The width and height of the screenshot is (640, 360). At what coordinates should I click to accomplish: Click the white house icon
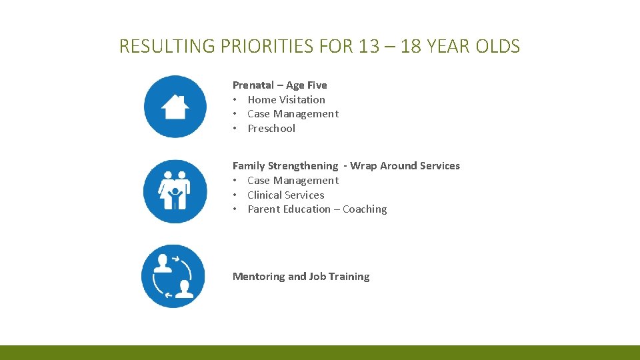tap(175, 107)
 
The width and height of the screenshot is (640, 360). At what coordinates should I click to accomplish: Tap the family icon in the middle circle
tap(175, 191)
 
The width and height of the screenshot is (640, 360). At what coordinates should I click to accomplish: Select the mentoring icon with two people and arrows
tap(173, 276)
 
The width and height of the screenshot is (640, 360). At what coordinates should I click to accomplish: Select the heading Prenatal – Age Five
tap(279, 85)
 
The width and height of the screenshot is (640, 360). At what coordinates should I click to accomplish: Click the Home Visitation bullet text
tap(286, 100)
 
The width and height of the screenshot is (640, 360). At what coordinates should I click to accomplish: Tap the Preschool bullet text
tap(271, 129)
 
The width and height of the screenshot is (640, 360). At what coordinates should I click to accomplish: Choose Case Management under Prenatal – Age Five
tap(293, 114)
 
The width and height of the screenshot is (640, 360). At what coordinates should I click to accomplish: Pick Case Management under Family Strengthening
tap(293, 181)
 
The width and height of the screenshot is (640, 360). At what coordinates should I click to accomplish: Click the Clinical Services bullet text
tap(285, 195)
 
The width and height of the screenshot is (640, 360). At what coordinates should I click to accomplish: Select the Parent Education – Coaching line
tap(317, 209)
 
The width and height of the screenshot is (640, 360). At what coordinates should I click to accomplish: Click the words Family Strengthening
tap(285, 166)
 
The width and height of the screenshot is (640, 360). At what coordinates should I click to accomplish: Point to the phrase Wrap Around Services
tap(405, 166)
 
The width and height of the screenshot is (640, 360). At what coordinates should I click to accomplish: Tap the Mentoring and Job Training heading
tap(301, 277)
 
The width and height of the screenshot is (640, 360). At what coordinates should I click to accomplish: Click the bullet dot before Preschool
tap(235, 129)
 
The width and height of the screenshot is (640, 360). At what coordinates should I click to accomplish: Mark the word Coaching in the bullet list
tap(365, 209)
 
